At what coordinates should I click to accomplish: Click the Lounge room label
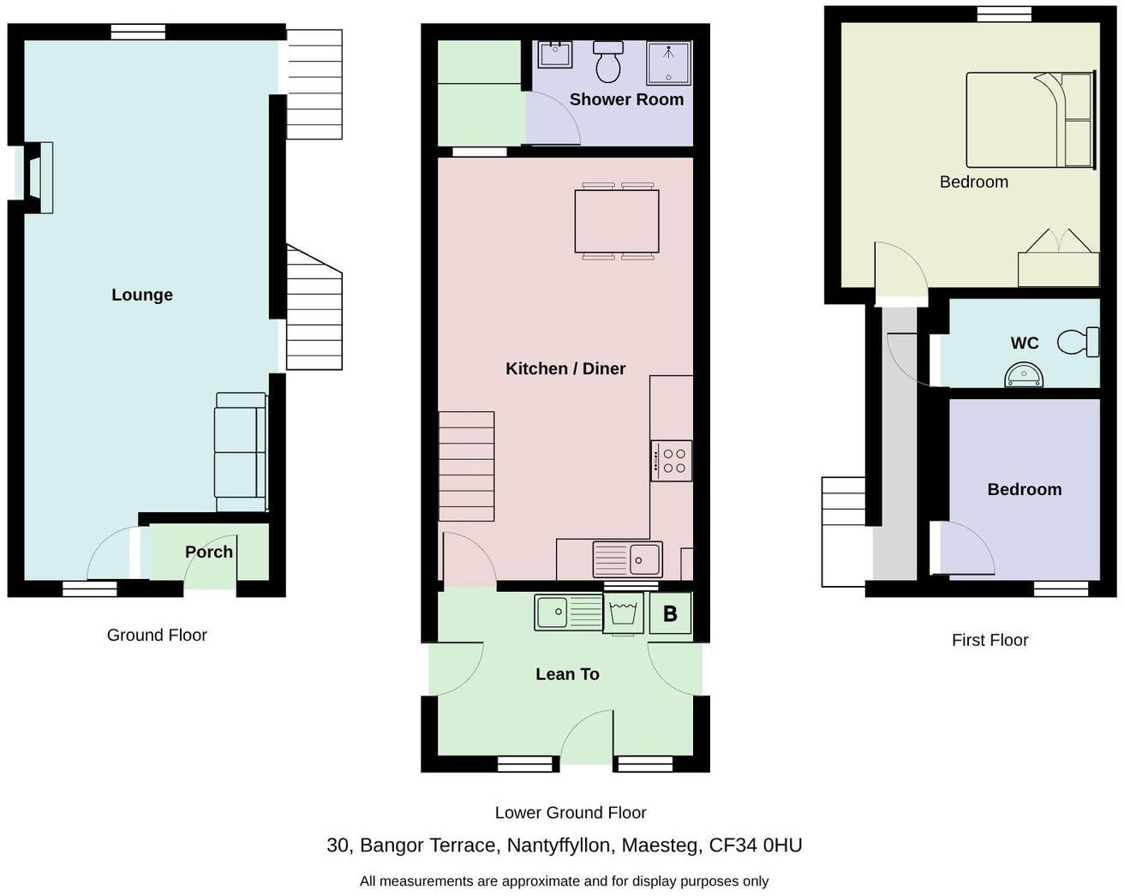coord(142,295)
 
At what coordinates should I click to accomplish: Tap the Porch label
coord(209,552)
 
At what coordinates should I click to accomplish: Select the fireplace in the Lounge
coord(38,177)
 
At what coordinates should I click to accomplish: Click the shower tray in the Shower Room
coord(668,63)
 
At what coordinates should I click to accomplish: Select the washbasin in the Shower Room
coord(554,54)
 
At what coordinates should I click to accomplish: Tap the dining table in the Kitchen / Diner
coord(617,221)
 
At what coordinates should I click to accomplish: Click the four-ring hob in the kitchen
coord(672,461)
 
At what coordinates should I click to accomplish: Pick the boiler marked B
coord(670,613)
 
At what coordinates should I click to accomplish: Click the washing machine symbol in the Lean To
coord(623,612)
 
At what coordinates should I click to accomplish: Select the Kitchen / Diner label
coord(565,368)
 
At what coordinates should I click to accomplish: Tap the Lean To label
coord(567,674)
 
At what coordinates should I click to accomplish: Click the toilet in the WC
coord(1079,342)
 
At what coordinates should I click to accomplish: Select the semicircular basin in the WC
coord(1025,375)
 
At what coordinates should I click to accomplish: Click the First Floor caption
coord(989,640)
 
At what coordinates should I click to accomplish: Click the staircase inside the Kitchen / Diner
coord(467,466)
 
